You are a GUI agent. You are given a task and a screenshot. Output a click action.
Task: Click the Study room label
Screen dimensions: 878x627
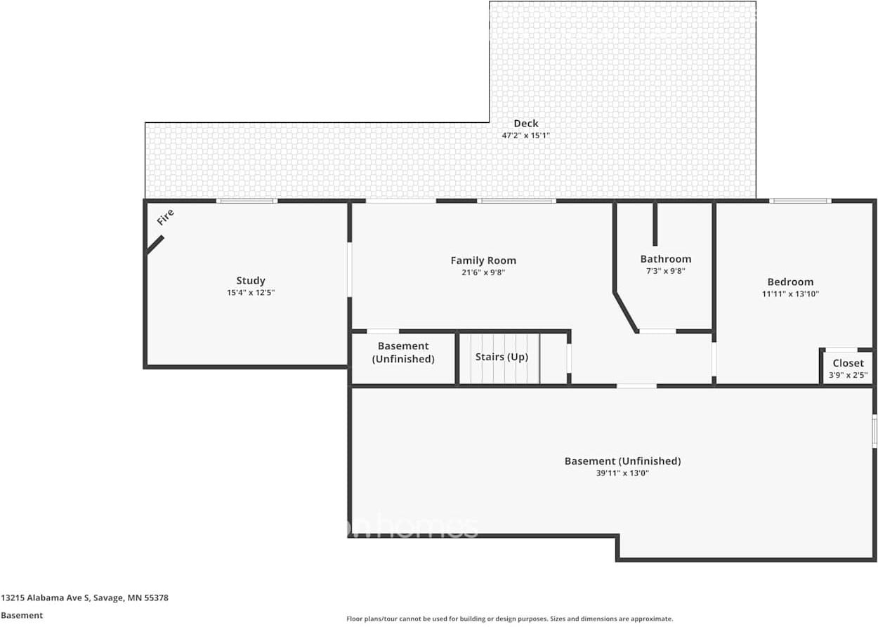251,281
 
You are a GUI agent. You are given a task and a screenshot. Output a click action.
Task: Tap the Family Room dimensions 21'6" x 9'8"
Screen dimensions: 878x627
483,272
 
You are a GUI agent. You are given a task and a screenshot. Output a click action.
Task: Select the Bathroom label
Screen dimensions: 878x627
666,259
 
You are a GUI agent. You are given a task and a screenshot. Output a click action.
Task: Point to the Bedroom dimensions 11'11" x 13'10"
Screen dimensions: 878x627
790,294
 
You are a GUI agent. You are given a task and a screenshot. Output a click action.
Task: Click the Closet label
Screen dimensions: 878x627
848,363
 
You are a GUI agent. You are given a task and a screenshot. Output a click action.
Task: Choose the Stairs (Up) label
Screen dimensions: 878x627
502,357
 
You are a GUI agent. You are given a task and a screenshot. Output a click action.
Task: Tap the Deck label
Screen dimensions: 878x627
526,124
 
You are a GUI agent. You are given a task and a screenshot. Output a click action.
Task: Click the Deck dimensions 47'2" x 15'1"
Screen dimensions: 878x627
526,136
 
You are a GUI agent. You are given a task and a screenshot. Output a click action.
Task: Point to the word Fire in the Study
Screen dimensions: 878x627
165,217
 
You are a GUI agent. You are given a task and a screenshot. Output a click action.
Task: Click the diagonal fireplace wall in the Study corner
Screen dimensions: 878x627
155,245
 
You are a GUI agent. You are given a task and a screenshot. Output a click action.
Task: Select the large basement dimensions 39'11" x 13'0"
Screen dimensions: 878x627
622,473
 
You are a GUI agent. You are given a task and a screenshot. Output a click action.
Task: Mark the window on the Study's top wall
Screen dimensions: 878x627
247,201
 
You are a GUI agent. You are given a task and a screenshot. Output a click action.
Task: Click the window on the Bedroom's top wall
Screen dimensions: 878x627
800,201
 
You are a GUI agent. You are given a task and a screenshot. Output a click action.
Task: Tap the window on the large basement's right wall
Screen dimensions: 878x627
874,431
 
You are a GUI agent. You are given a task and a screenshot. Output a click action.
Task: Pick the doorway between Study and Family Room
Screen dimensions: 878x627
350,270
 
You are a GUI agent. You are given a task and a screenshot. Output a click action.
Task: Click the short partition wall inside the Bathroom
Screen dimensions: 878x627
655,223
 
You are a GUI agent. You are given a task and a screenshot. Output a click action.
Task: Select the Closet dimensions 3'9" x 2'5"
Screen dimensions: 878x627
848,375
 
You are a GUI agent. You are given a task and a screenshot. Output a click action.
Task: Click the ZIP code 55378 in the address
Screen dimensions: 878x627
157,598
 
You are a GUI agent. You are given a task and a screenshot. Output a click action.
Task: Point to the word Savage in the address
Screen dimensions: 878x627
107,598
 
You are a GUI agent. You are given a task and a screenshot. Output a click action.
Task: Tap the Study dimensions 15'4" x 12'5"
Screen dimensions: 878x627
251,293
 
